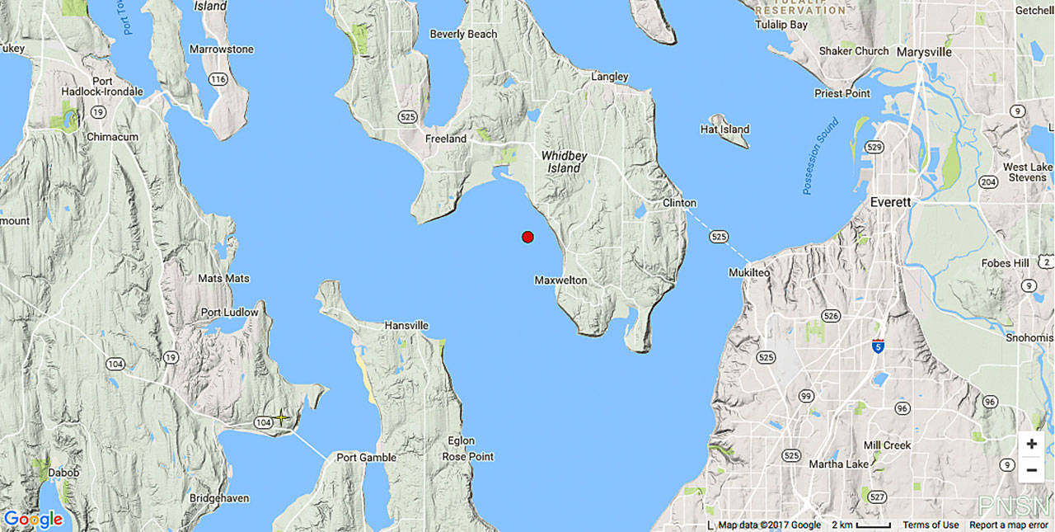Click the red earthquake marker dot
coord(527,237)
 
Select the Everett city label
coord(891,202)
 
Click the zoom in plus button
coord(1031,444)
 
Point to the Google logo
coord(33,520)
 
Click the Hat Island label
coord(724,129)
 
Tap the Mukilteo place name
coord(748,272)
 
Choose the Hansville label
coord(406,326)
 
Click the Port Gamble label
coord(366,458)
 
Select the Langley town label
coord(610,77)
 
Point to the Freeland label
coord(446,139)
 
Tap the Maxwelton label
coord(561,280)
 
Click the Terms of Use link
coord(931,525)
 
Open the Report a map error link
coord(1008,525)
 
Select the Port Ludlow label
coord(229,313)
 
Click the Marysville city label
coord(924,52)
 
